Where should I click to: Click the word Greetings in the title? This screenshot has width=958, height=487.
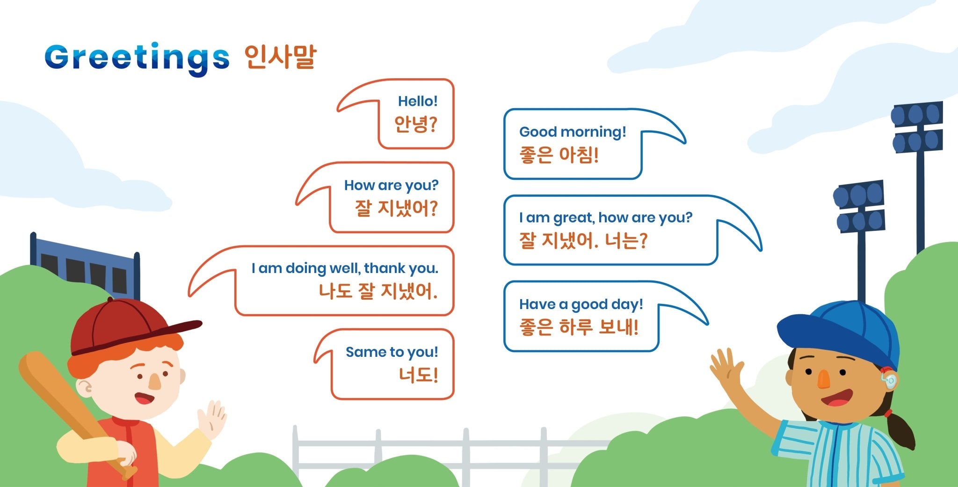point(137,58)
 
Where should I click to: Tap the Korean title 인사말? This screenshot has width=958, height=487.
point(280,57)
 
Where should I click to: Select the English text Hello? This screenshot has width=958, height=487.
point(417,101)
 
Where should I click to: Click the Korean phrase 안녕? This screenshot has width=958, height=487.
point(415,124)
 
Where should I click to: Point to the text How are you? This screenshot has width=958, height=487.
point(391,185)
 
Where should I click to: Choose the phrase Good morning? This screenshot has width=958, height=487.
point(573,132)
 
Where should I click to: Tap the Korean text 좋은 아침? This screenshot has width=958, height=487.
point(559,155)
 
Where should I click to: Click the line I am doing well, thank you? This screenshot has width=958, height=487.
point(345,268)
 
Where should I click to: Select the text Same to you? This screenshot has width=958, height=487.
point(392,352)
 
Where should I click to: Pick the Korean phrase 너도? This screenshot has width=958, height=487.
point(418,375)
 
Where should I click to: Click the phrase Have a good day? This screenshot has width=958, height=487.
point(581,304)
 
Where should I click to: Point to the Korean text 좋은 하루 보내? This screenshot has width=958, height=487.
point(579,327)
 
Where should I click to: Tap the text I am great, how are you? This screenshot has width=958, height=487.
point(605,218)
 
